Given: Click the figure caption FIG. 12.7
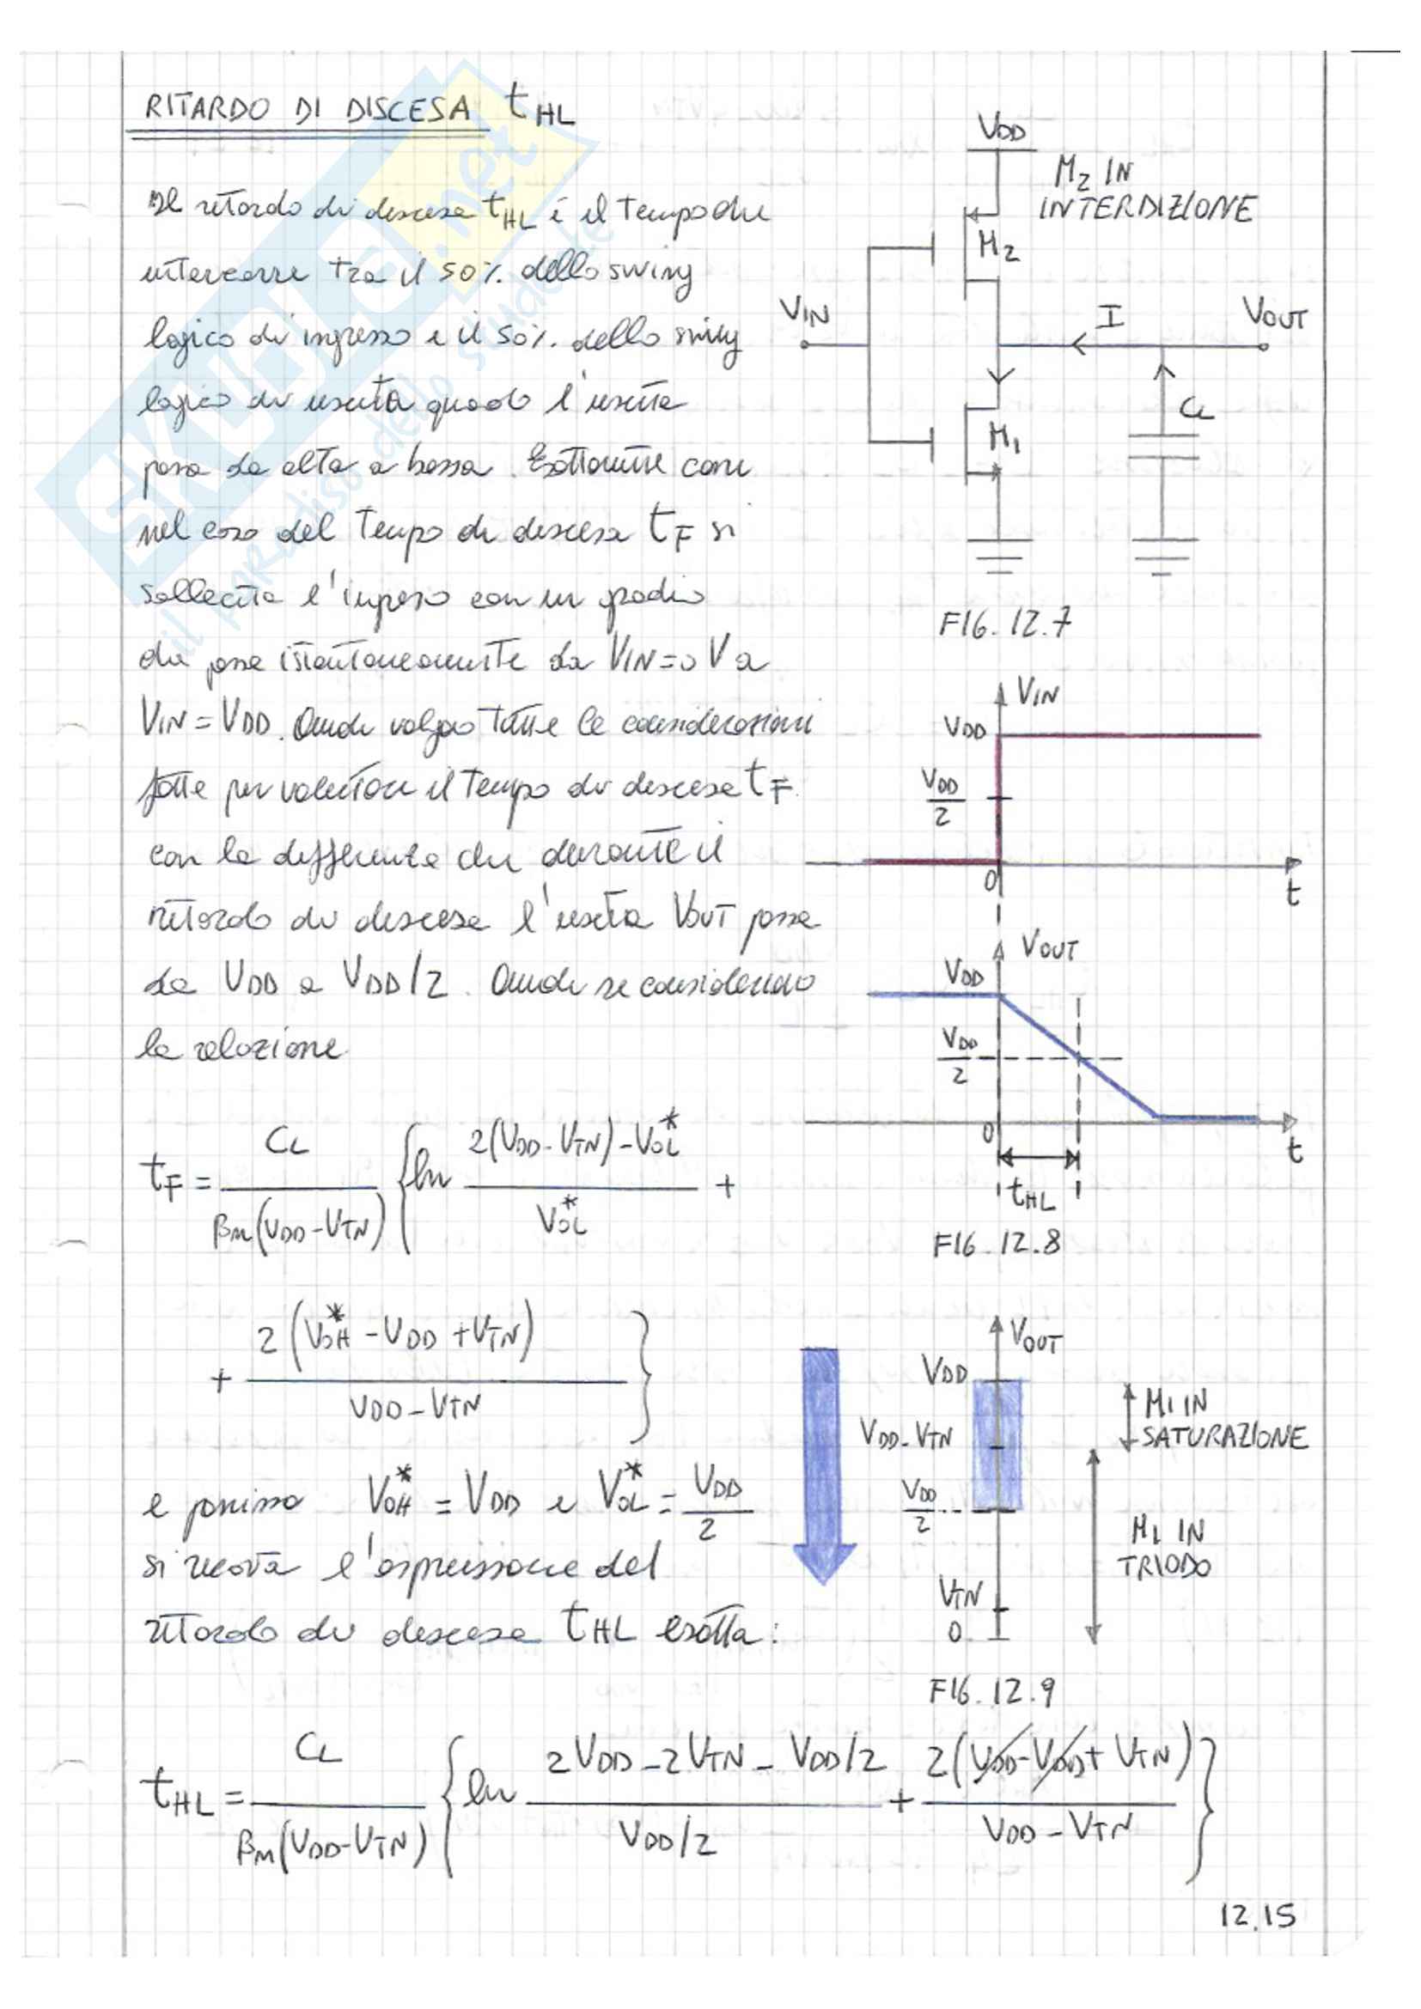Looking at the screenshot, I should (1003, 624).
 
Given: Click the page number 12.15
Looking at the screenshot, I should (1258, 1915).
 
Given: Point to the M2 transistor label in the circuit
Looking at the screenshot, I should (997, 247).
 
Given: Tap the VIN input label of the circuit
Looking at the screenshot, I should (804, 310).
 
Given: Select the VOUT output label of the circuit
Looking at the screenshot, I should (1274, 314).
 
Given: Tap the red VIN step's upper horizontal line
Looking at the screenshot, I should (1129, 736).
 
